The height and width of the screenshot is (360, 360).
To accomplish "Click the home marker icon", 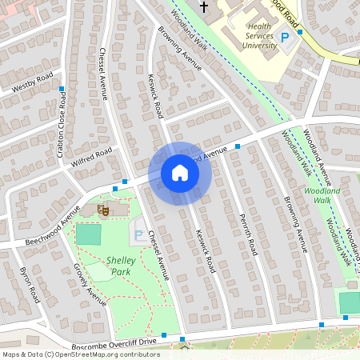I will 180,173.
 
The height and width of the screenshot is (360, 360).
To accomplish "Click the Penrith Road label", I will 248,234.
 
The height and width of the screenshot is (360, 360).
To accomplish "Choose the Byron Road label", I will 30,283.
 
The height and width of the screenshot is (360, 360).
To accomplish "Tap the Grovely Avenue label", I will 90,285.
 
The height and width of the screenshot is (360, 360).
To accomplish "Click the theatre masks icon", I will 102,210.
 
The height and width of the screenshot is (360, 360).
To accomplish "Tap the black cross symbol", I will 203,7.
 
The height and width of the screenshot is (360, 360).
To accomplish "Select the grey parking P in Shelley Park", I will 140,235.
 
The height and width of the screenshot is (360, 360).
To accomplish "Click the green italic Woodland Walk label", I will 322,196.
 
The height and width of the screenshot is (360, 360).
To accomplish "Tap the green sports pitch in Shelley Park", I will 89,234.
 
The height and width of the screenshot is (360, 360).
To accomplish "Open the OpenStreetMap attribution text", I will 80,354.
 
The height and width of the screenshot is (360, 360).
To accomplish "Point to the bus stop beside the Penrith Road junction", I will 238,146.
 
